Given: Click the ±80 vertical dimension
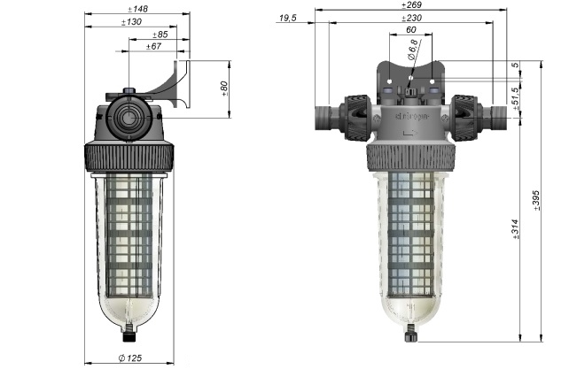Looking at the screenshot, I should (223, 88).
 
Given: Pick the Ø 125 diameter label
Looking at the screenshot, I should (132, 358).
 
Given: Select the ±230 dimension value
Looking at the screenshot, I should (410, 18).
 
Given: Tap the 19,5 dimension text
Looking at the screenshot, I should (287, 18).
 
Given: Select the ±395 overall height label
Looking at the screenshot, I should (535, 201).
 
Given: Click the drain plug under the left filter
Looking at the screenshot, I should (129, 335).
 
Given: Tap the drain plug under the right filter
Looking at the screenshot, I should (410, 335).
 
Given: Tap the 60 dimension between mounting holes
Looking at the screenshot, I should (410, 29).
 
